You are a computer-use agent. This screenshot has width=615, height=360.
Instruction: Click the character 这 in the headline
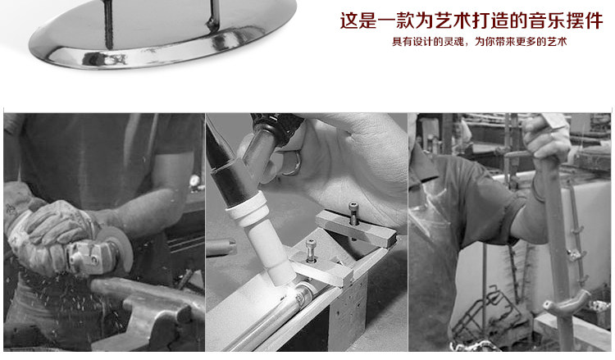(x=349, y=21)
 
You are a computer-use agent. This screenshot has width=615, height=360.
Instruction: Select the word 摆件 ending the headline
(x=585, y=21)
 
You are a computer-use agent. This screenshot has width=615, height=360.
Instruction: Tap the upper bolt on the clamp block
(x=353, y=213)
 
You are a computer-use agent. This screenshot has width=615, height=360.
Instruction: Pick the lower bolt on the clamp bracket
(x=310, y=251)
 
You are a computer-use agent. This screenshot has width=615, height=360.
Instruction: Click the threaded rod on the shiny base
(x=108, y=25)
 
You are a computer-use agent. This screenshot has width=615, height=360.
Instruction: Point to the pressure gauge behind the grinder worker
(x=194, y=180)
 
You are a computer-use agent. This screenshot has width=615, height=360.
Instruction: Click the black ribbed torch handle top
(x=277, y=126)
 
